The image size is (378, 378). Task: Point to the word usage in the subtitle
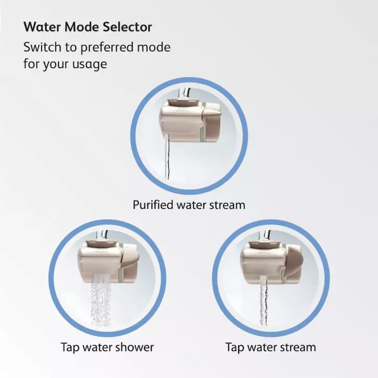(x=90, y=64)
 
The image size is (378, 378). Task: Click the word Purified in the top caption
(x=151, y=205)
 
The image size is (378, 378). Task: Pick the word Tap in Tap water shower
(x=70, y=347)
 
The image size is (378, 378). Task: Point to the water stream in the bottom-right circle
(x=264, y=302)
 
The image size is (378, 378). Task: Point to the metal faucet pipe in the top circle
(x=185, y=91)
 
